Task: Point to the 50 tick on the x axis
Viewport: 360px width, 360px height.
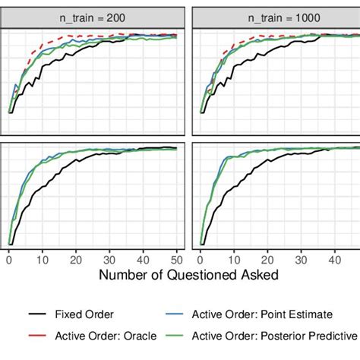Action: coord(177,259)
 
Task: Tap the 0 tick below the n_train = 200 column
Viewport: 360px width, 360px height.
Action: coord(9,259)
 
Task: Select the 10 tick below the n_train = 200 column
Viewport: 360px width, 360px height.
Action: coord(43,259)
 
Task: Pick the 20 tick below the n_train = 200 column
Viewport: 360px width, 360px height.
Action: coord(76,259)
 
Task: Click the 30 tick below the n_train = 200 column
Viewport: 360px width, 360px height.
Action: coord(110,259)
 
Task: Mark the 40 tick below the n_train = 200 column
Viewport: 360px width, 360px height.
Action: coord(144,259)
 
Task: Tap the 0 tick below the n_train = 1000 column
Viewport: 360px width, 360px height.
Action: coord(201,259)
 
